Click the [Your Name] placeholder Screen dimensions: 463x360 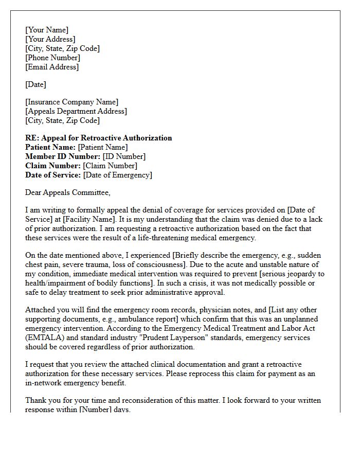click(x=47, y=30)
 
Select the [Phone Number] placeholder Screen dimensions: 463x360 click(x=52, y=58)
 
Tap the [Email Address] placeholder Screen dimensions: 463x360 click(x=52, y=67)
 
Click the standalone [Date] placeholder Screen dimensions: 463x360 click(x=35, y=84)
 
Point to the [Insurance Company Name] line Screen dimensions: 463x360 click(x=71, y=102)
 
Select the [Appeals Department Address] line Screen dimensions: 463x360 click(x=76, y=111)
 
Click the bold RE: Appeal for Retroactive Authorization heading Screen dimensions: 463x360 click(x=99, y=138)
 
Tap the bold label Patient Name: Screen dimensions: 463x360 click(x=50, y=147)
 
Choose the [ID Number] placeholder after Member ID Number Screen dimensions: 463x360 click(x=124, y=156)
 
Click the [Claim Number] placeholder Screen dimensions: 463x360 click(x=110, y=166)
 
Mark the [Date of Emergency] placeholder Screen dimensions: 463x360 click(x=118, y=175)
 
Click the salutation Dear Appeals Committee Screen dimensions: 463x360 click(x=67, y=192)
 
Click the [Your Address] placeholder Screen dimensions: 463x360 click(x=50, y=39)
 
